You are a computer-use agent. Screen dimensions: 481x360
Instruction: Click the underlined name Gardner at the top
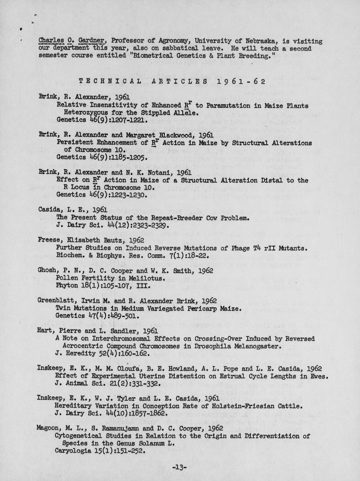tap(89, 41)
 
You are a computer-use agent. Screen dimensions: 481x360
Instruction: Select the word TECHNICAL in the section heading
tap(110, 82)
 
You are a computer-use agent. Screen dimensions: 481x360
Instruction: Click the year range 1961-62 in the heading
tap(241, 82)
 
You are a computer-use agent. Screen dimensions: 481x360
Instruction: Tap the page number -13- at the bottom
tap(180, 467)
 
